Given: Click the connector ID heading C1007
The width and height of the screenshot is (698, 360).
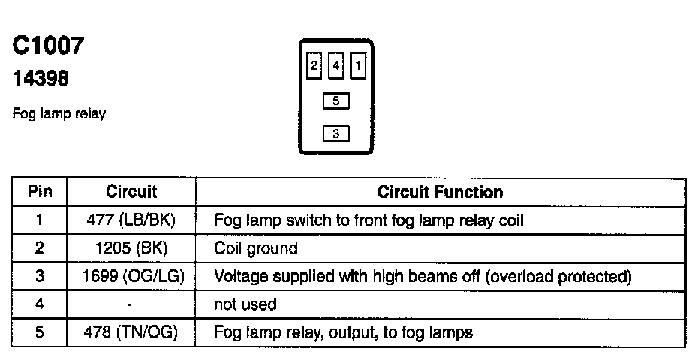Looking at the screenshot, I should tap(48, 46).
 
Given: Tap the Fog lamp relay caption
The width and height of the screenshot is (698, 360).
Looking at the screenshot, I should tap(59, 114).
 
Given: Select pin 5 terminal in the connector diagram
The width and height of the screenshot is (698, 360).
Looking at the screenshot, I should tap(335, 100).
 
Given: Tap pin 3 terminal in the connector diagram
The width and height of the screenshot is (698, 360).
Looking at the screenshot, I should tap(335, 134).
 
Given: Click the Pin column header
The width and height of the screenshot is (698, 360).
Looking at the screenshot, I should tap(39, 192).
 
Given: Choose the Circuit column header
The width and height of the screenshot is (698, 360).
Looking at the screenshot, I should tap(131, 192).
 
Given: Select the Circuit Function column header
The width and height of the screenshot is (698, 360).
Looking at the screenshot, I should tap(441, 192).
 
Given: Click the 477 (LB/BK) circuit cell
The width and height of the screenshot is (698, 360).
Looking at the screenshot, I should tap(131, 220).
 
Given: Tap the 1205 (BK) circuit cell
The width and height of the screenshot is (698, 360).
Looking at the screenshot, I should tap(131, 248).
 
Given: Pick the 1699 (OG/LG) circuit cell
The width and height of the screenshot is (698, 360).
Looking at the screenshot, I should tap(131, 276).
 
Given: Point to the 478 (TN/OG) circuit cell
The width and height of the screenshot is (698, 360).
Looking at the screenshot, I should tap(131, 331).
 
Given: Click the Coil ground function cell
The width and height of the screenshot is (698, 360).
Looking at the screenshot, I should tap(255, 248).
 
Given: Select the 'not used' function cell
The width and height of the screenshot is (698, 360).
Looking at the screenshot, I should tap(245, 304).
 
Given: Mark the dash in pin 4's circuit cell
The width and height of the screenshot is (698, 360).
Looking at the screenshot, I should tap(131, 304).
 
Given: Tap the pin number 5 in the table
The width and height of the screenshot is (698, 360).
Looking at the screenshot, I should tap(39, 331).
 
